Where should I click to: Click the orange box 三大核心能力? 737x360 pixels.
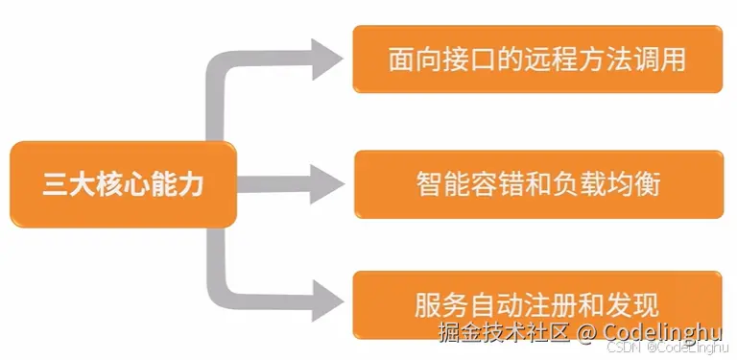(123, 184)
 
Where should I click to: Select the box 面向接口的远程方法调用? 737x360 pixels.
(537, 60)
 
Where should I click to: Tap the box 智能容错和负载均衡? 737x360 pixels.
(537, 183)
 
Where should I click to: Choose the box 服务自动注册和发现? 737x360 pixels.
(537, 304)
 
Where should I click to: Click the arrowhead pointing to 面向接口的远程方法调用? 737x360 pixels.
(326, 60)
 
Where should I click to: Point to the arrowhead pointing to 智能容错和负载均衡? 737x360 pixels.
(326, 181)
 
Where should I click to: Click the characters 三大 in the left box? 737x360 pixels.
(68, 184)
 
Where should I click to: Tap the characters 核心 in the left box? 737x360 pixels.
(123, 184)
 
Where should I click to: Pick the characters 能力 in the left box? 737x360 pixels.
(178, 184)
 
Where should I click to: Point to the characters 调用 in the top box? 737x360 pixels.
(663, 60)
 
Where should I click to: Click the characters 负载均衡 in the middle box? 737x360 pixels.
(607, 183)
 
